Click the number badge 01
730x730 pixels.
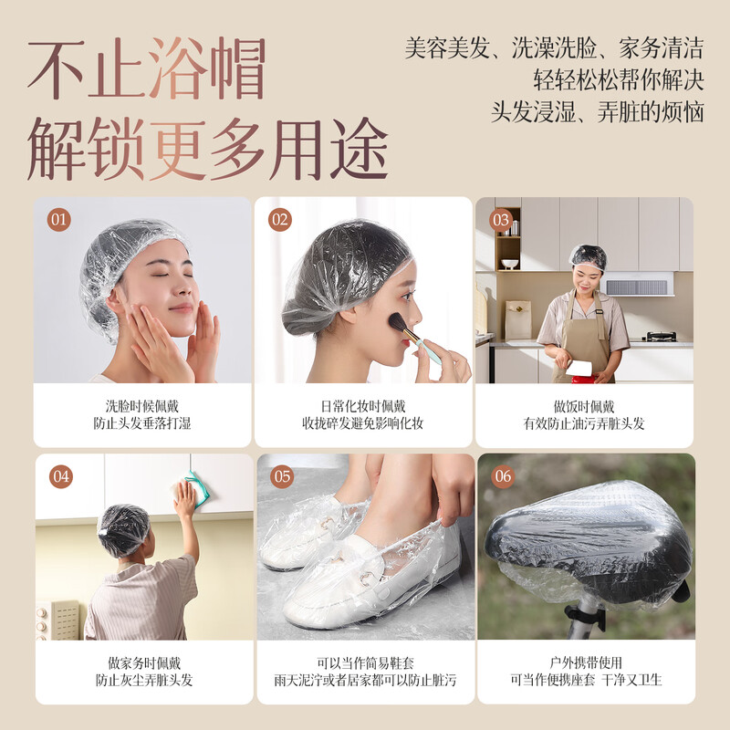(x=59, y=220)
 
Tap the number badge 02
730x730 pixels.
(x=280, y=220)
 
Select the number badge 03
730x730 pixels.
(x=501, y=220)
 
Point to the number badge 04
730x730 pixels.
(x=61, y=476)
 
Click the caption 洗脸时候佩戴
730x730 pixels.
(x=142, y=406)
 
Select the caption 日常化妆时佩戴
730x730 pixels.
(x=363, y=406)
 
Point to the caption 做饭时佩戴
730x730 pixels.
(x=584, y=406)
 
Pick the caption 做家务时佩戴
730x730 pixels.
(x=142, y=662)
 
